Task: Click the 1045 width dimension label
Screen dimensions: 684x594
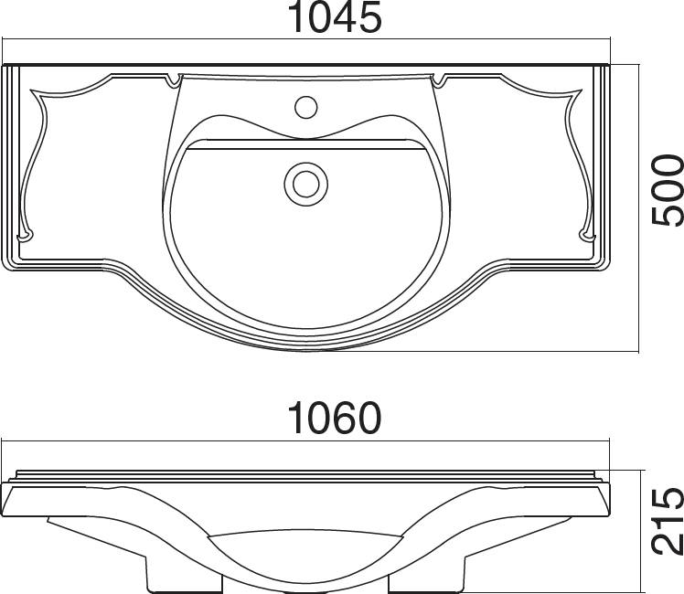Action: [x=335, y=18]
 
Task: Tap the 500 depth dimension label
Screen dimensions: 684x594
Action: [x=667, y=190]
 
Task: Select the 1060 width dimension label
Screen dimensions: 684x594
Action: [x=335, y=418]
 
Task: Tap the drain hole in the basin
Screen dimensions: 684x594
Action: [x=305, y=184]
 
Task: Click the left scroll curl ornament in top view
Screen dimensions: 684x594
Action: [x=24, y=236]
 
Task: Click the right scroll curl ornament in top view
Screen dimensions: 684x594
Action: [x=587, y=236]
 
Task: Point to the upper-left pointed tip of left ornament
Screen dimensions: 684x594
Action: [x=31, y=90]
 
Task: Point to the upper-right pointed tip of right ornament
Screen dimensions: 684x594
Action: [x=581, y=90]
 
